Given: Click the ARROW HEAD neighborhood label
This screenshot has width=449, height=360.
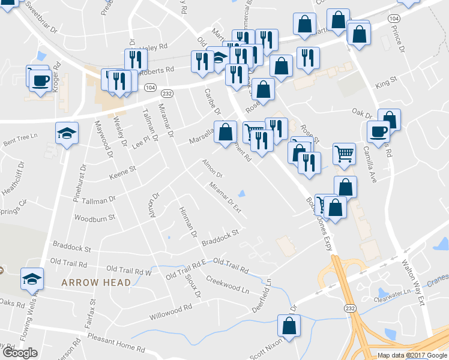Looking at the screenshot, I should click(96, 282).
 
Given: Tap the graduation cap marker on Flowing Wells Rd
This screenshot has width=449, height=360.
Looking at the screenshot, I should click(32, 279).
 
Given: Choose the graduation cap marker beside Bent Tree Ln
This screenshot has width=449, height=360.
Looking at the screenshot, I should click(67, 133).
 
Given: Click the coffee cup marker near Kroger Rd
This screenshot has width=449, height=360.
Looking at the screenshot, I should click(40, 80).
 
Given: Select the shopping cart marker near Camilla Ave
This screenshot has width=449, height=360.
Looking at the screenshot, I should click(344, 154).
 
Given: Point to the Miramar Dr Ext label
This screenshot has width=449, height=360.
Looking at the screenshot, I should click(225, 198).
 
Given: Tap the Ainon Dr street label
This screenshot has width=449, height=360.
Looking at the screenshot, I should click(212, 167).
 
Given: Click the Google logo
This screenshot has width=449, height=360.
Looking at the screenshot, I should click(19, 352).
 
